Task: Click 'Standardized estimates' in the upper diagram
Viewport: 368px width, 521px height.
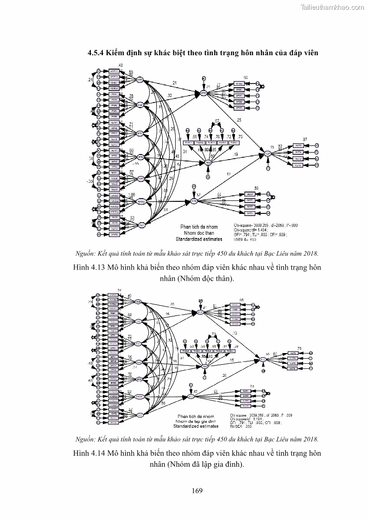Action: (x=199, y=239)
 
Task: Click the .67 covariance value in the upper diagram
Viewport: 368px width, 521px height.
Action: (x=217, y=121)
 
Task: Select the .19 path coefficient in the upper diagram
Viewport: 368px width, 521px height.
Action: (x=235, y=154)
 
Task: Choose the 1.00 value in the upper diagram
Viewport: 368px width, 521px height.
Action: (x=132, y=195)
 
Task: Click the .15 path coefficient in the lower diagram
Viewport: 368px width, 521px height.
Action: (x=232, y=360)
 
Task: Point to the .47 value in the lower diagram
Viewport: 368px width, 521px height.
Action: (x=195, y=392)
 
